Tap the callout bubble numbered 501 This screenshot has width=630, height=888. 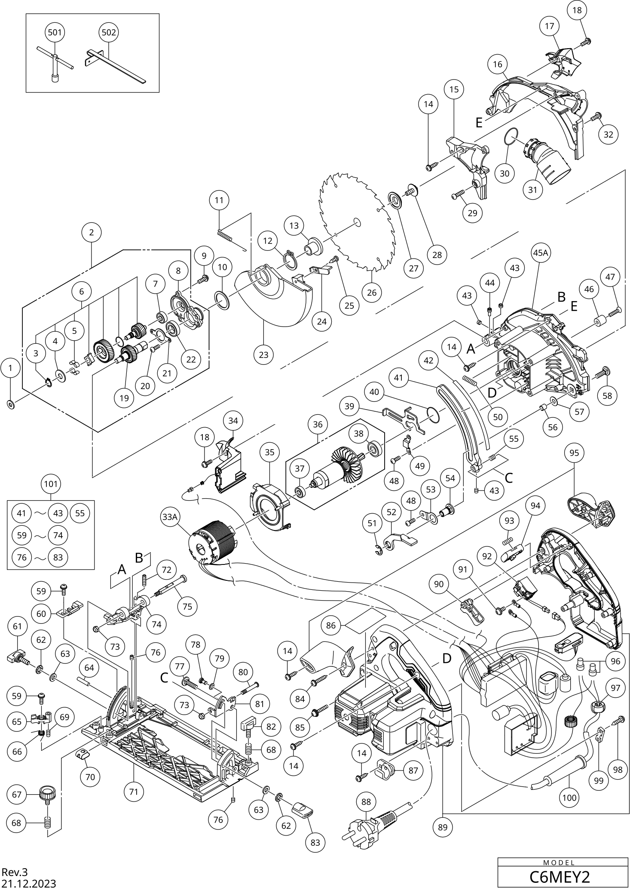click(55, 32)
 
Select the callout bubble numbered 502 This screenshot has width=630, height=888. click(108, 32)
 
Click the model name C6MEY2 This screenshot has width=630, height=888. click(559, 876)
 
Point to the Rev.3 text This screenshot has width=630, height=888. click(15, 872)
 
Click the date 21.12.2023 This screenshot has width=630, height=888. click(28, 883)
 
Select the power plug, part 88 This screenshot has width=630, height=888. click(374, 826)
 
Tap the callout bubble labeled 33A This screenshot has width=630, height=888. click(170, 517)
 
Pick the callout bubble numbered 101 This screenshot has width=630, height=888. click(51, 484)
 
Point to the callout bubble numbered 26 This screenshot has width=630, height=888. click(372, 293)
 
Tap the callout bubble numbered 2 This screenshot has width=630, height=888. click(92, 233)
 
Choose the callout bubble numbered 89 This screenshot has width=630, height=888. click(443, 827)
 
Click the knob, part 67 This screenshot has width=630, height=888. click(46, 792)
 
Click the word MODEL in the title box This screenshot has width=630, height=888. click(559, 863)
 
